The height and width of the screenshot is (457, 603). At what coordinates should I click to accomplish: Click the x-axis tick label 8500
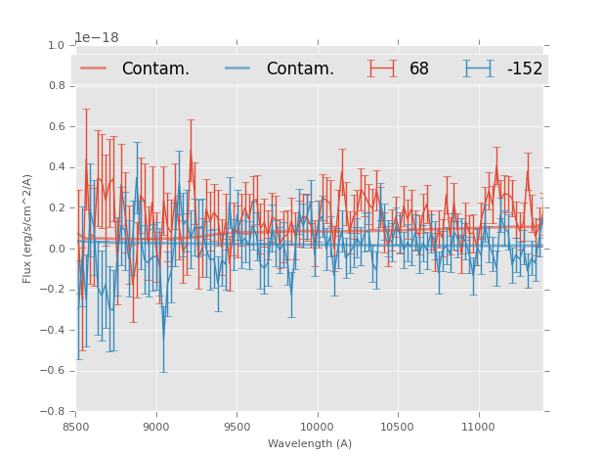pos(76,426)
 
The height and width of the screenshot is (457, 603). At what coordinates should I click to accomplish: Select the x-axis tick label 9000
pos(156,426)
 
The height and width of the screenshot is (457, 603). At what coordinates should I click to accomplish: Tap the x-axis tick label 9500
pos(237,426)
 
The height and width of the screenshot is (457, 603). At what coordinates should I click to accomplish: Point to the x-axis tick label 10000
pos(317,426)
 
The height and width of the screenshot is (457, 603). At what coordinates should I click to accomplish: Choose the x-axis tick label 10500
pos(398,426)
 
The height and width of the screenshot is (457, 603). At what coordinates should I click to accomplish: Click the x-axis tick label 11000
pos(478,426)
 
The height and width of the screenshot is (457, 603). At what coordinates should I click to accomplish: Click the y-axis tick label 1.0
pos(55,45)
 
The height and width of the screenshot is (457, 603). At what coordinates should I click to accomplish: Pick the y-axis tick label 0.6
pos(55,126)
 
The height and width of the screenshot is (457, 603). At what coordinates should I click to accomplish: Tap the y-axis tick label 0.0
pos(55,249)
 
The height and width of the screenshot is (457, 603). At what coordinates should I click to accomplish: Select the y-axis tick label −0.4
pos(52,330)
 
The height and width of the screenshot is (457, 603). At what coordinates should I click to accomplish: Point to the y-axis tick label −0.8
pos(52,411)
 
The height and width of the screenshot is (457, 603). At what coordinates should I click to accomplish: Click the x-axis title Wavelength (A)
pos(310,443)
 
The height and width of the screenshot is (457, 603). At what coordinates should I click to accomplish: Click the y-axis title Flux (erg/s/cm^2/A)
pos(27,228)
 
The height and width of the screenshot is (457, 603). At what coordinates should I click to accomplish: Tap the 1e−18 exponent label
pos(97,37)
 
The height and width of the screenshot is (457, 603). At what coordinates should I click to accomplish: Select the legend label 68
pos(419,69)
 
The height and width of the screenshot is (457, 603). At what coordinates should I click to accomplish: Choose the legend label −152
pos(524,69)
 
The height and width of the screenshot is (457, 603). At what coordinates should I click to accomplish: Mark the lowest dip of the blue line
pos(163,338)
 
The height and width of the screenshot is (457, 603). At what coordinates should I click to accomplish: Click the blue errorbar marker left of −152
pos(478,69)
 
